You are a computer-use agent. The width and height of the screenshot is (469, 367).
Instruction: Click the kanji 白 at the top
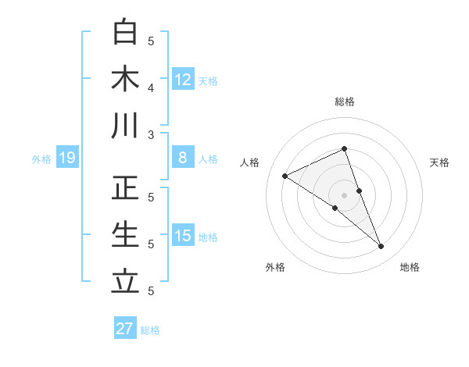(x=126, y=33)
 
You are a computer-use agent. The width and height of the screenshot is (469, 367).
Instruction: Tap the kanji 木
(x=126, y=79)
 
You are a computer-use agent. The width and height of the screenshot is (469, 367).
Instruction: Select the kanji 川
(x=126, y=126)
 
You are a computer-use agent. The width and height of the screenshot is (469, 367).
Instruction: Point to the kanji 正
(x=126, y=188)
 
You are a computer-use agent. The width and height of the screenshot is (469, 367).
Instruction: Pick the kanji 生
(x=126, y=234)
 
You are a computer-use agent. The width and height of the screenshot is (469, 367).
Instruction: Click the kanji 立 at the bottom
(x=126, y=280)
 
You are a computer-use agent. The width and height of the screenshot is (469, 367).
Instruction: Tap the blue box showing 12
(x=183, y=79)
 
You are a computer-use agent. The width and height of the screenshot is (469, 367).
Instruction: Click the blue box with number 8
(x=183, y=158)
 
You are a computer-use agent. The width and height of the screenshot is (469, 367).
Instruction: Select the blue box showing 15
(x=183, y=236)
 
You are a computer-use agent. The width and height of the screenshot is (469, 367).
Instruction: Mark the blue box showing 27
(x=125, y=329)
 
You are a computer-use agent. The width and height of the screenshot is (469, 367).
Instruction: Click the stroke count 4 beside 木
(x=152, y=87)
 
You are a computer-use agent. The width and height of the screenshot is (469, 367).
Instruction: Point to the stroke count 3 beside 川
(x=152, y=134)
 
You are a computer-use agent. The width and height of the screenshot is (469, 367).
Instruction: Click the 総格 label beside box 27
(x=150, y=330)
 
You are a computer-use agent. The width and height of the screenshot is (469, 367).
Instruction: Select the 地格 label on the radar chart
(x=410, y=267)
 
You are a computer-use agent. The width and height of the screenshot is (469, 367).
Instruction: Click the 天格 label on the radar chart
(x=440, y=162)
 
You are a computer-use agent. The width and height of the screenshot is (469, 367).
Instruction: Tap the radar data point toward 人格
(x=285, y=176)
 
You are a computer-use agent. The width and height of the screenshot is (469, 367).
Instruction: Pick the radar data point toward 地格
(x=381, y=247)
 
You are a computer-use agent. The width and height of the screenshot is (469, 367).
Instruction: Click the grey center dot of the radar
(x=344, y=194)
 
